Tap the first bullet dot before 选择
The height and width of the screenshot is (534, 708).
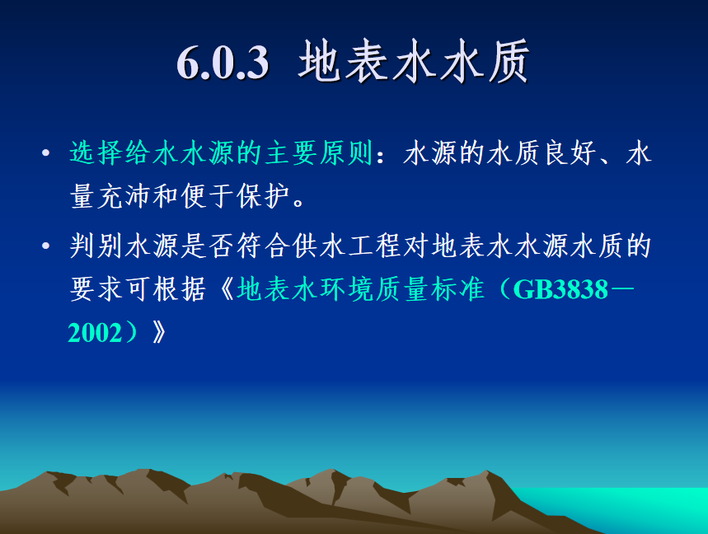(x=45, y=153)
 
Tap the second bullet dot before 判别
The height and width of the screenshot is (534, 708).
(x=45, y=246)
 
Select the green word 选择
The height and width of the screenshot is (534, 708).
(x=96, y=152)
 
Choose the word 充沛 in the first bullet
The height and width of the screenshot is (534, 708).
(x=124, y=196)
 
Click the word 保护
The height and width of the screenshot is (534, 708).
(x=264, y=196)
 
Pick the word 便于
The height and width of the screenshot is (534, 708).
(x=208, y=196)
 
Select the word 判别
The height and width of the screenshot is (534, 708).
(x=96, y=246)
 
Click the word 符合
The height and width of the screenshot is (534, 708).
(x=264, y=246)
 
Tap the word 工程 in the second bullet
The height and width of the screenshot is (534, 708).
(x=375, y=246)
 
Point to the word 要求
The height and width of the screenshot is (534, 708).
(x=96, y=289)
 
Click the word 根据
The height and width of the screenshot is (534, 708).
(x=180, y=289)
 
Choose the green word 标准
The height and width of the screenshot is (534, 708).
(x=458, y=289)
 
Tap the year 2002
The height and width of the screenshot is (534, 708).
(x=95, y=333)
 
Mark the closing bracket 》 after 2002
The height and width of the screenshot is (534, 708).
(x=159, y=333)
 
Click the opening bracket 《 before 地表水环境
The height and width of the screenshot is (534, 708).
(x=227, y=289)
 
